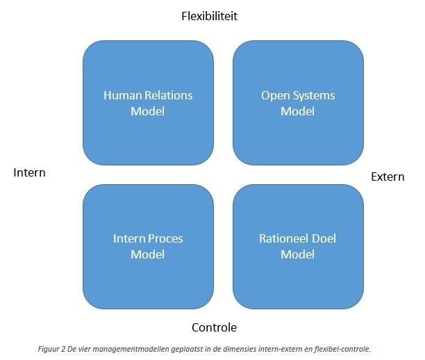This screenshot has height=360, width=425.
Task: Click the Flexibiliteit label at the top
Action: tap(209, 16)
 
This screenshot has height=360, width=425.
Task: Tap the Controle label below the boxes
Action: tap(214, 327)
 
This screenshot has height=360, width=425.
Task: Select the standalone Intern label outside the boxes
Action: tap(29, 172)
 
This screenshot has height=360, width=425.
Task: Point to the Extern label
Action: tap(387, 177)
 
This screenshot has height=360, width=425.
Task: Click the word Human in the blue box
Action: tap(121, 95)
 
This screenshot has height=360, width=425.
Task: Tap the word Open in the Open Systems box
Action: tap(275, 95)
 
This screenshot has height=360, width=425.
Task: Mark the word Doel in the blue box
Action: tap(324, 238)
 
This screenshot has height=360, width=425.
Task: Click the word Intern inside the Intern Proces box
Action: tap(129, 238)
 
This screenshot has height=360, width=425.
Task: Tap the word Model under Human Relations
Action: tap(148, 111)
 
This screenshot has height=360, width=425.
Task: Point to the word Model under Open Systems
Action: tap(298, 111)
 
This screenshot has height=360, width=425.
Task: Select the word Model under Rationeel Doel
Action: tap(298, 254)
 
